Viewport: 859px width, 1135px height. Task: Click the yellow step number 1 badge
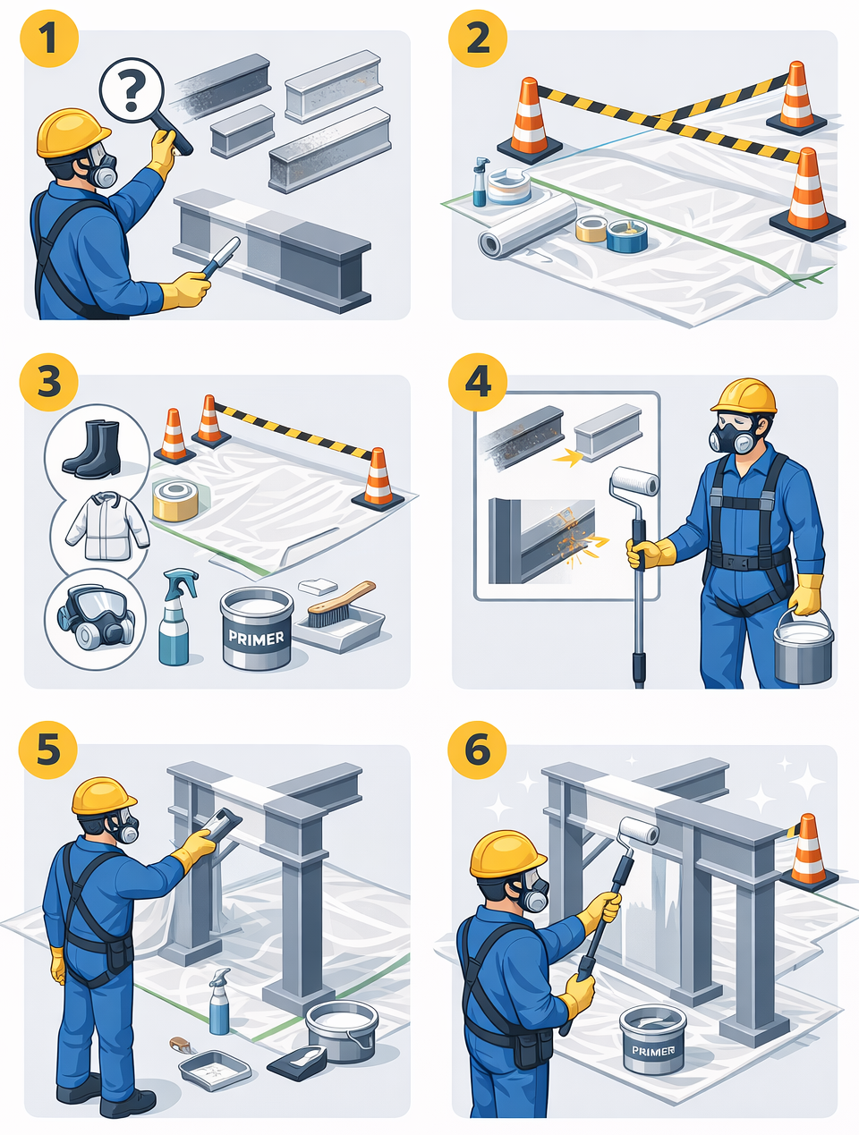49,38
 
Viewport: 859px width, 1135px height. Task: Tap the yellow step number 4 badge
477,383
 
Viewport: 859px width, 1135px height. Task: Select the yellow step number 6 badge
477,750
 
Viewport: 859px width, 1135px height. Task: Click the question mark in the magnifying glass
131,91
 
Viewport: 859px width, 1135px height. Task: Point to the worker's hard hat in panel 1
72,132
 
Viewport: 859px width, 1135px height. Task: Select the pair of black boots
93,448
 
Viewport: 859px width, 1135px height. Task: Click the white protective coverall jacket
107,526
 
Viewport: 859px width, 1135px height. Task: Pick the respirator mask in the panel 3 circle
97,615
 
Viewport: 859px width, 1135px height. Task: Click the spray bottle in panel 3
176,617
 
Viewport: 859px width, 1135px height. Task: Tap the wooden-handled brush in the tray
341,604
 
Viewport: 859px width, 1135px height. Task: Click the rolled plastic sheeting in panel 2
527,227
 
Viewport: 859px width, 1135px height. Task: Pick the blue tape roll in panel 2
626,236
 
